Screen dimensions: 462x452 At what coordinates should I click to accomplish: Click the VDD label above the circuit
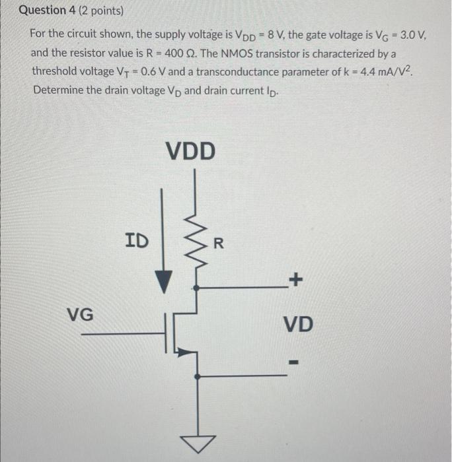[190, 150]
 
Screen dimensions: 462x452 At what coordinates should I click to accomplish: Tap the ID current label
[137, 240]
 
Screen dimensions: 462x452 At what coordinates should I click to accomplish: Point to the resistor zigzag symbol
[196, 244]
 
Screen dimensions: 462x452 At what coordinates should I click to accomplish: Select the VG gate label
[80, 315]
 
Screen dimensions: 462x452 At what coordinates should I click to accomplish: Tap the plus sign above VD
[295, 281]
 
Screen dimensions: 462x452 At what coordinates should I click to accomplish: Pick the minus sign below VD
[295, 362]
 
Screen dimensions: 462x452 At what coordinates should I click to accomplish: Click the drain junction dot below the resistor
[196, 288]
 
